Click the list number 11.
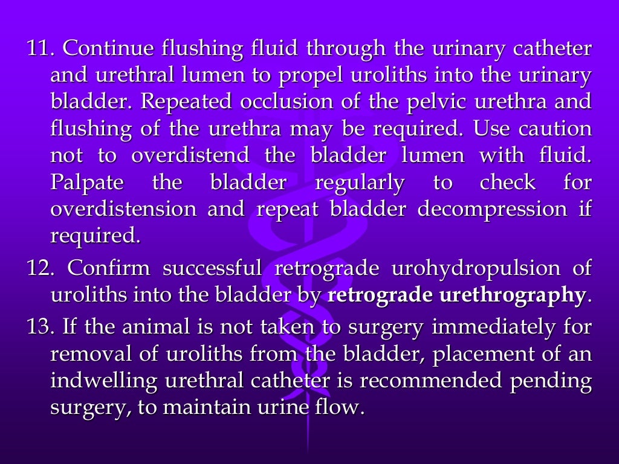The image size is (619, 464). pyautogui.click(x=40, y=48)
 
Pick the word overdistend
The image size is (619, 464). pyautogui.click(x=190, y=155)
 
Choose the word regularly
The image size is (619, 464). pyautogui.click(x=360, y=182)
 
